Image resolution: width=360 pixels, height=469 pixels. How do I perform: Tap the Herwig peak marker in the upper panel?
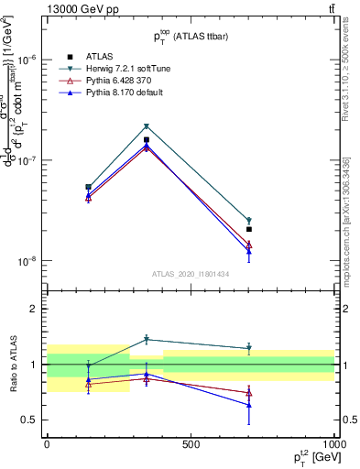point(147,126)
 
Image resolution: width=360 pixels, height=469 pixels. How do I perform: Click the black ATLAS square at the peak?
point(147,140)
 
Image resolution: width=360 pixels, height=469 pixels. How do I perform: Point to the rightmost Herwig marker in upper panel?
point(249,221)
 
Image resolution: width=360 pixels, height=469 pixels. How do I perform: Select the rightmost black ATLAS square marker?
point(249,229)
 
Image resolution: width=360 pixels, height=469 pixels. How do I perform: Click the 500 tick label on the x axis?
point(191,444)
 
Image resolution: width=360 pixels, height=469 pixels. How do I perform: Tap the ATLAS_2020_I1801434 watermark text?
point(191,274)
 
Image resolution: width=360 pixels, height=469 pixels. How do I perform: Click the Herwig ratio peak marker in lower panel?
point(147,339)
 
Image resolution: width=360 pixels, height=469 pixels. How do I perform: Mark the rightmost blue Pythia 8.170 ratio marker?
point(249,405)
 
